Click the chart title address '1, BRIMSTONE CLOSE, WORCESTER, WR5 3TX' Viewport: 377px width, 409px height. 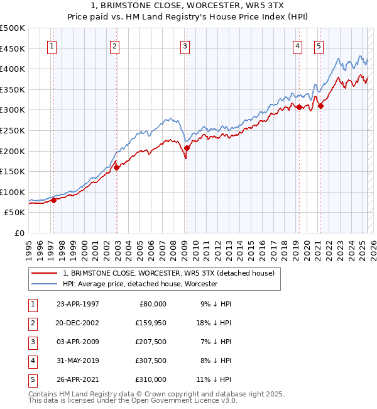click(x=188, y=5)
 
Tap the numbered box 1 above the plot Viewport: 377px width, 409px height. click(x=51, y=45)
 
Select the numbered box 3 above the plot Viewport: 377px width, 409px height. click(x=185, y=45)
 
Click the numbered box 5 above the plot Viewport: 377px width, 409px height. click(x=319, y=45)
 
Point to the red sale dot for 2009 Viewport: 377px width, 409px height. click(x=187, y=148)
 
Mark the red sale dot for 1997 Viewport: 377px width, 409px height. click(x=54, y=200)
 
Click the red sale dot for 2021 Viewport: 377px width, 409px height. click(x=321, y=106)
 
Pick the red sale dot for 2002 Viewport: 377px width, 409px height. click(x=117, y=167)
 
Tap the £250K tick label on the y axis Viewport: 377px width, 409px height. click(x=13, y=130)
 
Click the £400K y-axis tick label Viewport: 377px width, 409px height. click(x=13, y=69)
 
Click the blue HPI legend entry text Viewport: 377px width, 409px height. click(x=140, y=284)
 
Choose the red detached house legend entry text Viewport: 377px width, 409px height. click(x=168, y=274)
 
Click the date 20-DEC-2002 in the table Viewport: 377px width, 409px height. click(x=77, y=323)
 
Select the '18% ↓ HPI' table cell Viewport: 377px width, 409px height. click(x=213, y=323)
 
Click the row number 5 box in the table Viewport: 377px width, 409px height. click(x=31, y=379)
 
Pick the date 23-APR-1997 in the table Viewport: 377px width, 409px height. click(x=77, y=304)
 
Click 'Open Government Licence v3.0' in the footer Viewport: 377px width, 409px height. click(x=184, y=401)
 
